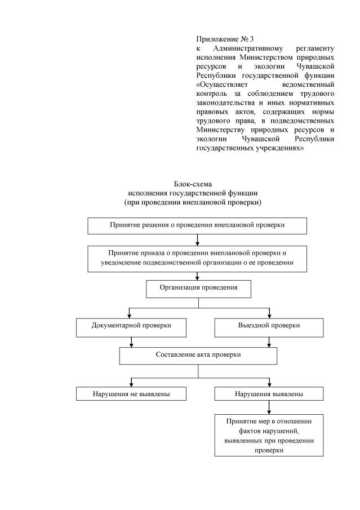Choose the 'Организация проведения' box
198,288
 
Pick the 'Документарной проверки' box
131,327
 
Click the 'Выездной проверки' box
269,327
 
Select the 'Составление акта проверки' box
198,356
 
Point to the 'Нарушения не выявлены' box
131,394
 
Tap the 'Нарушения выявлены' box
269,394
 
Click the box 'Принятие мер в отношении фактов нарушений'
269,436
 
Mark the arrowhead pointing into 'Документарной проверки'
131,315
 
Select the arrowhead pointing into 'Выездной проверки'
269,315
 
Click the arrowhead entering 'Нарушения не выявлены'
131,383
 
